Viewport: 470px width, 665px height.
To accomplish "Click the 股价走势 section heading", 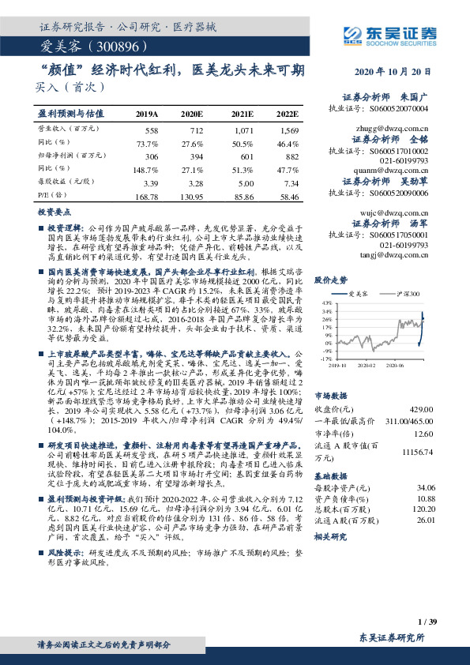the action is pos(331,280).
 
